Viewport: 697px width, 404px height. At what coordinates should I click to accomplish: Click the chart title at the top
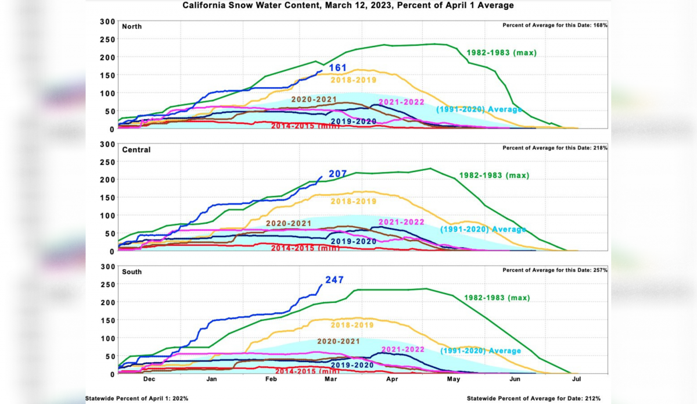pyautogui.click(x=348, y=5)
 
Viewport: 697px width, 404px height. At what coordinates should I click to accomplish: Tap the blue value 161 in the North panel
pyautogui.click(x=337, y=68)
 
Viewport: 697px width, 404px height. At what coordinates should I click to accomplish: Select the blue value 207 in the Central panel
pyautogui.click(x=338, y=174)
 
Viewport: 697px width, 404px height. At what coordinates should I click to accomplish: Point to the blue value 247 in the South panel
pyautogui.click(x=335, y=280)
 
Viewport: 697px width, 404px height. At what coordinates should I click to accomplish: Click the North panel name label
pyautogui.click(x=132, y=27)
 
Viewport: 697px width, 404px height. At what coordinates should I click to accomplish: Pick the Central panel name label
pyautogui.click(x=136, y=149)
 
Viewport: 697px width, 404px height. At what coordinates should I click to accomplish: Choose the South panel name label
pyautogui.click(x=132, y=272)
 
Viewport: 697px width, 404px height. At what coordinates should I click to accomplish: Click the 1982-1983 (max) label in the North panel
pyautogui.click(x=501, y=53)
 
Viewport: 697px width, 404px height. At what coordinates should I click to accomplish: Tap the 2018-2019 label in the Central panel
pyautogui.click(x=353, y=202)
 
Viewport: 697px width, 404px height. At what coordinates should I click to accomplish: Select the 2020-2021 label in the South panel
pyautogui.click(x=339, y=341)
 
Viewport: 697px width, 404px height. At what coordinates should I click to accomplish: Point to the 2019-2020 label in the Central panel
pyautogui.click(x=353, y=241)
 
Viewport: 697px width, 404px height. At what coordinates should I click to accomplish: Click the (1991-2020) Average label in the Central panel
pyautogui.click(x=483, y=229)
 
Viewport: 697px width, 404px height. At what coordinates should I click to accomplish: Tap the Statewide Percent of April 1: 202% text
pyautogui.click(x=137, y=398)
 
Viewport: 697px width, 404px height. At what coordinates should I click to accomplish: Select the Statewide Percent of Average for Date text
pyautogui.click(x=534, y=398)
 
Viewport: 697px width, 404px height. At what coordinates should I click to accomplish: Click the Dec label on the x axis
pyautogui.click(x=149, y=379)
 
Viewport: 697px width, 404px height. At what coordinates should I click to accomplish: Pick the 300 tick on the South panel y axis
pyautogui.click(x=108, y=267)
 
